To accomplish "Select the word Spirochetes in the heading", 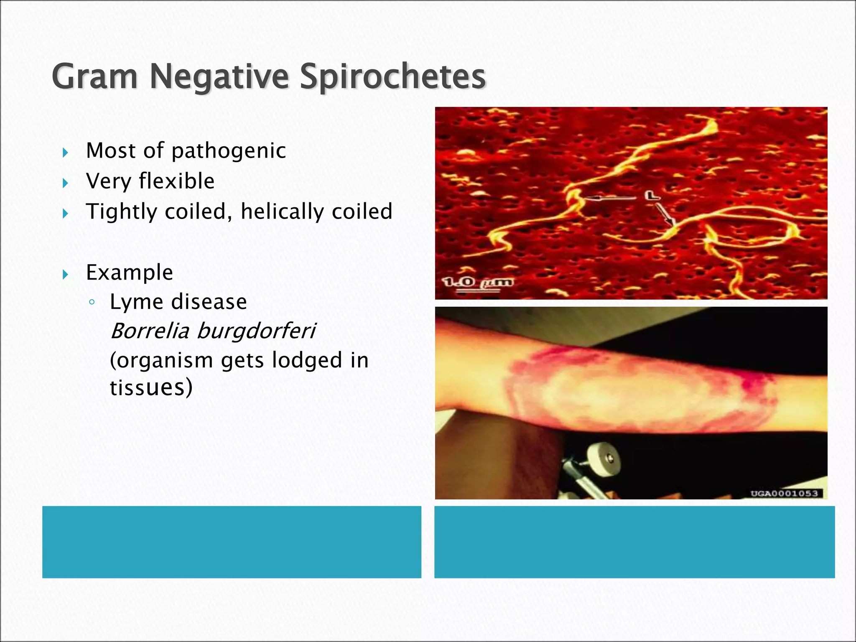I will pos(393,76).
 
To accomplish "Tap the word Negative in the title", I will pos(219,76).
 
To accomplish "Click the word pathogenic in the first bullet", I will pos(229,151).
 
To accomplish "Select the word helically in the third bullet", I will pos(282,211).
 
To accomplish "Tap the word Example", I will pos(129,273).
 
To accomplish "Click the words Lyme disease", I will pos(178,302).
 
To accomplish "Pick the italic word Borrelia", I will pos(150,331).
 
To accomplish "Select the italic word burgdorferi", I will pos(256,331).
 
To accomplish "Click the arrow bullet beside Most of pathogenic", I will pos(65,153).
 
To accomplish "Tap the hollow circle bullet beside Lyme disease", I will pos(92,303).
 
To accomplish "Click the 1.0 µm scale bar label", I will pos(478,283).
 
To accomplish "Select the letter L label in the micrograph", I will pos(651,195).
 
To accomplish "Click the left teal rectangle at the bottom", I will pos(232,542).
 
